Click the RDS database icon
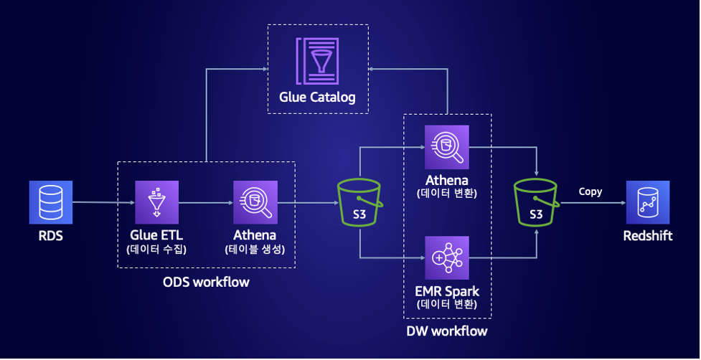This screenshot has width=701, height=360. (51, 202)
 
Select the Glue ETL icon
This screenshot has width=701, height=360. (156, 202)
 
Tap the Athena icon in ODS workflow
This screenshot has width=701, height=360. (255, 202)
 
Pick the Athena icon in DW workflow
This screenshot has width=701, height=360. (446, 147)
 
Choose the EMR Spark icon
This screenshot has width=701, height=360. (446, 257)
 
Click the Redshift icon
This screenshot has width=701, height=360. (647, 202)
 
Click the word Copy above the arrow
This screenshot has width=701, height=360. (591, 191)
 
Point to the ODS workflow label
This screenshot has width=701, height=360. (206, 282)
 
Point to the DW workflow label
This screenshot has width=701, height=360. (447, 331)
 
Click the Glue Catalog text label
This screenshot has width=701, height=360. (317, 97)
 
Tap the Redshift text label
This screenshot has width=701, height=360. (647, 235)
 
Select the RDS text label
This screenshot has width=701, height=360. (51, 235)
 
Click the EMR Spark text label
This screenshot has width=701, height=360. (446, 291)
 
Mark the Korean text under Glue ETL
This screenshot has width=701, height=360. (156, 250)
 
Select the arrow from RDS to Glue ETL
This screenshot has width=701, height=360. (103, 202)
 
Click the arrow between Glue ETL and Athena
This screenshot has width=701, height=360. (205, 203)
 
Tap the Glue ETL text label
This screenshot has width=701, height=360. (156, 235)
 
